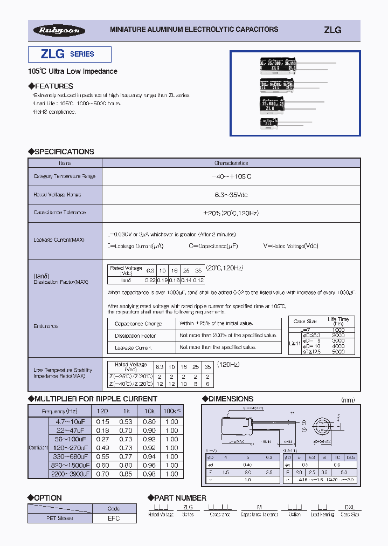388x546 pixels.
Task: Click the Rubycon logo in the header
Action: click(x=59, y=31)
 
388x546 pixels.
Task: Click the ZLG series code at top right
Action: click(x=332, y=30)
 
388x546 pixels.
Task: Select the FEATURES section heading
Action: click(x=53, y=86)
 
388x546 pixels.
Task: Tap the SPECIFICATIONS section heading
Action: click(x=64, y=152)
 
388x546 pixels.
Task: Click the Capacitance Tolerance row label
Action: click(x=60, y=213)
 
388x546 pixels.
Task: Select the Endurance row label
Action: click(x=45, y=326)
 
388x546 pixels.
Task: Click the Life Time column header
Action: click(x=338, y=322)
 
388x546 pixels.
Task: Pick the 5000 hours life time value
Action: click(x=338, y=352)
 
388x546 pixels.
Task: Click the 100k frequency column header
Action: click(x=171, y=411)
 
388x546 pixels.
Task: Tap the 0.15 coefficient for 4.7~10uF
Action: click(x=102, y=422)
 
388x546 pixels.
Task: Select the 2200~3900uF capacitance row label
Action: click(x=70, y=474)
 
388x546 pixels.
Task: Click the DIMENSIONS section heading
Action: click(x=230, y=399)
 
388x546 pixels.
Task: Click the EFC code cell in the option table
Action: click(x=114, y=518)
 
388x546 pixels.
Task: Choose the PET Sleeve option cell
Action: click(x=60, y=518)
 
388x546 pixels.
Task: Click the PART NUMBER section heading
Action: click(x=180, y=497)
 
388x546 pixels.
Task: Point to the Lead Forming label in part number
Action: click(x=322, y=515)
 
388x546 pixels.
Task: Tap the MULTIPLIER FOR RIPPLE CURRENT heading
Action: click(x=95, y=399)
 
